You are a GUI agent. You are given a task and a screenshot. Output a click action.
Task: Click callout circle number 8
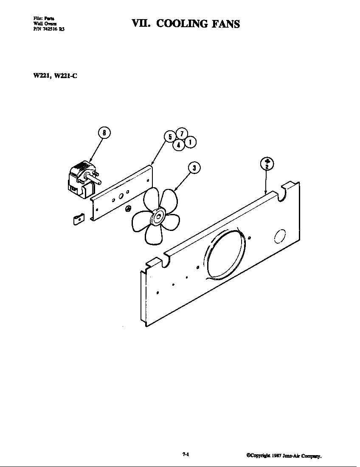104,133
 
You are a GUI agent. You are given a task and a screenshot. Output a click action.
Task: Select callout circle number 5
170,136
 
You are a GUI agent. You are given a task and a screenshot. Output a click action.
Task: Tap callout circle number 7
181,133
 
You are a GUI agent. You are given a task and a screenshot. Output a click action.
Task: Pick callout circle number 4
179,145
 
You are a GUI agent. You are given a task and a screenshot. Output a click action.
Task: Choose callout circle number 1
190,142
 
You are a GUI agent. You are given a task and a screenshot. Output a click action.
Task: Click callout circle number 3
194,168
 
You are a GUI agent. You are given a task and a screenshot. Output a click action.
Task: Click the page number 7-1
185,454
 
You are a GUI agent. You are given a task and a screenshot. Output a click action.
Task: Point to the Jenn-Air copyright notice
284,456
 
